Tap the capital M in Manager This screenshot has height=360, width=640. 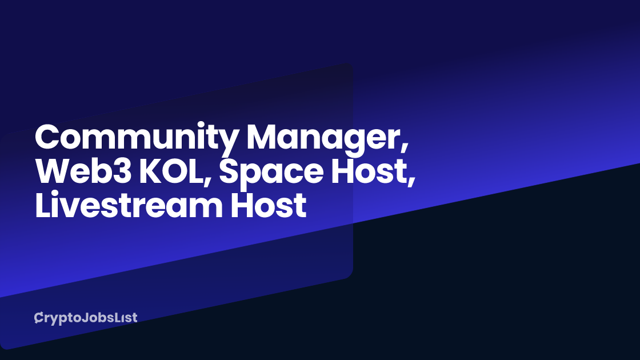[x=265, y=138]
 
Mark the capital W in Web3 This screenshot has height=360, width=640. [x=52, y=172]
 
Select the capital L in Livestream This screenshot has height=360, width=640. [x=41, y=206]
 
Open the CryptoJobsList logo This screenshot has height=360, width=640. [x=86, y=318]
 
